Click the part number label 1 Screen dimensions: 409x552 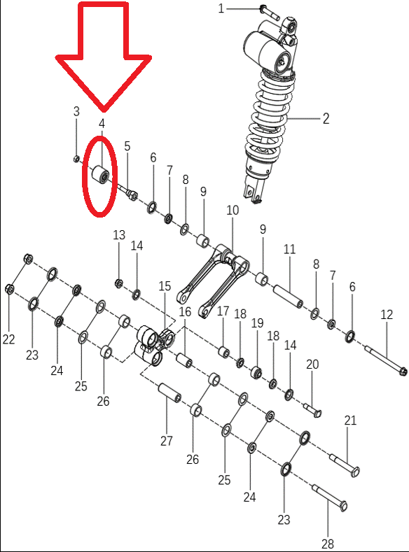pos(221,8)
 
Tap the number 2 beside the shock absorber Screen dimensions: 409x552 pos(326,119)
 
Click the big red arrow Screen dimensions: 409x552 pos(104,57)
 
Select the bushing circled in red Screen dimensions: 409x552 pos(100,174)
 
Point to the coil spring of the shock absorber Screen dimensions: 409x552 pos(270,116)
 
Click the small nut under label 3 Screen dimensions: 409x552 pos(76,159)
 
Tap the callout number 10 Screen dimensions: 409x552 pos(233,210)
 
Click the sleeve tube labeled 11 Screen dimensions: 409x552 pos(289,296)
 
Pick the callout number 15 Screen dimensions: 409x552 pos(165,286)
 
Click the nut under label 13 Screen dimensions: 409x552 pos(119,283)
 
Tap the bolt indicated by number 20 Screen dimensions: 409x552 pos(312,410)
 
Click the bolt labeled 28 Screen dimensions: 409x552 pos(329,498)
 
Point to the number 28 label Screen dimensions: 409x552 pos(328,544)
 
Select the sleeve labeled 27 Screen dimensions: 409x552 pos(169,393)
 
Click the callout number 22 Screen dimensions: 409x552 pos(9,339)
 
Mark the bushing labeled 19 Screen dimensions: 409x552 pos(256,372)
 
